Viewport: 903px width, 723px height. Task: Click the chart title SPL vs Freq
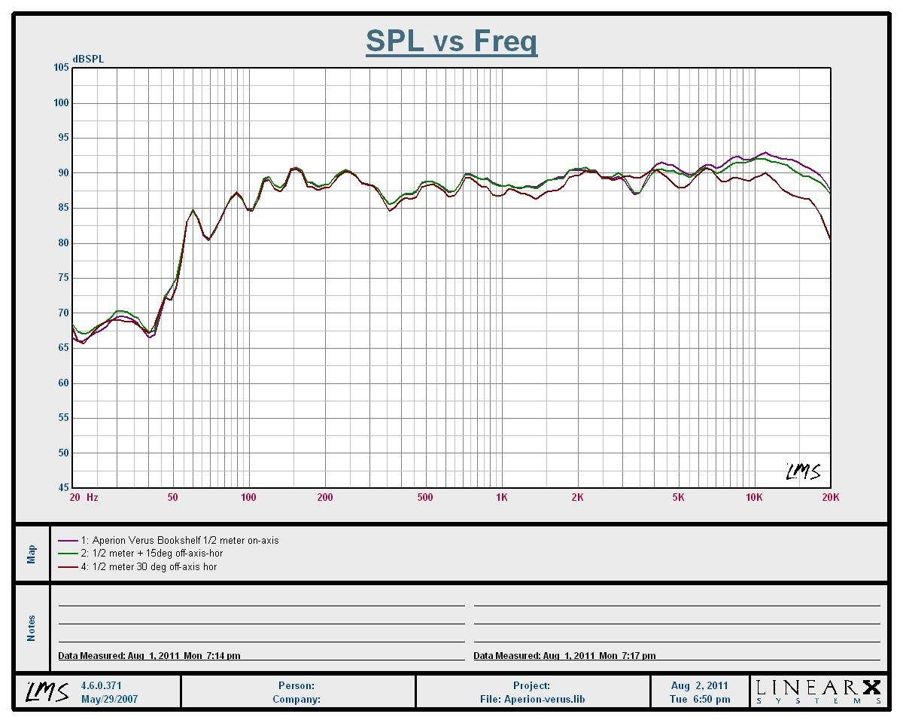click(x=451, y=41)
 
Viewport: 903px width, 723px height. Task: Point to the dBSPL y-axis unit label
click(x=88, y=59)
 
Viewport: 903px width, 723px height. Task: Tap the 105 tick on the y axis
click(x=61, y=68)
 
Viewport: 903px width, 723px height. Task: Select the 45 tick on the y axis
click(x=61, y=487)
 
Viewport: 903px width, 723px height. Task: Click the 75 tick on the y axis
click(x=61, y=278)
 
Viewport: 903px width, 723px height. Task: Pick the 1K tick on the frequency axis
click(x=501, y=497)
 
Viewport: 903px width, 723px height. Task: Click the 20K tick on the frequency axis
click(x=830, y=497)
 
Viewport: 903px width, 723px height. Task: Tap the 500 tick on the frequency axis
click(x=425, y=497)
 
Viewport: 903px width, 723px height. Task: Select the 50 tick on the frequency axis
click(x=173, y=497)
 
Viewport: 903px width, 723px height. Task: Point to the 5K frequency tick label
click(x=678, y=497)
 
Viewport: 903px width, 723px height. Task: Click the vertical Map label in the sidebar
click(x=32, y=554)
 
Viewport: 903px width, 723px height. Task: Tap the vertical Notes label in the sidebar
click(x=32, y=628)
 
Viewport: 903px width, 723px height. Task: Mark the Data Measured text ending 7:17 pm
click(x=564, y=656)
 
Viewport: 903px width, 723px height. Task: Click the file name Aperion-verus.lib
click(x=532, y=699)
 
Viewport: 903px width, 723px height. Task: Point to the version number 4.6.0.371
click(x=101, y=686)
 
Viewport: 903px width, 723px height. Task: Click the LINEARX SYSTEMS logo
click(x=818, y=691)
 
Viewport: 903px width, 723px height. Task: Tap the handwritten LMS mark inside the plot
click(x=802, y=471)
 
